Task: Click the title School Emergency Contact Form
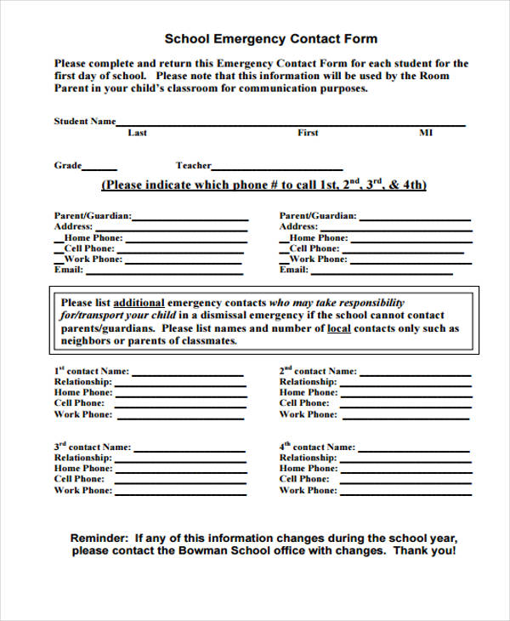270,39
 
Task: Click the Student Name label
84,122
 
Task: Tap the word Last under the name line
137,133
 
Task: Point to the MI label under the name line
426,133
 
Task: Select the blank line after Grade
100,168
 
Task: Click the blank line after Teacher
277,168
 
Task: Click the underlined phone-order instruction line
263,185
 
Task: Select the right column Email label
293,270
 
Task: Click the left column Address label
73,227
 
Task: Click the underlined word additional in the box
139,303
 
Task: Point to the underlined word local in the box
338,328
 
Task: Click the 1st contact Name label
92,371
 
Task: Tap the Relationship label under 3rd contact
82,458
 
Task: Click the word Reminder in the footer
98,538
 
